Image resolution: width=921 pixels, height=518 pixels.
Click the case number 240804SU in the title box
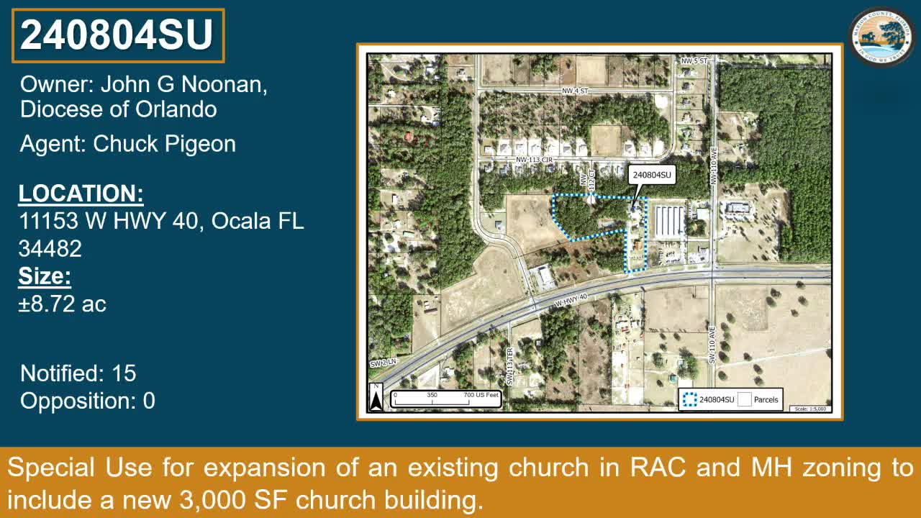coord(117,35)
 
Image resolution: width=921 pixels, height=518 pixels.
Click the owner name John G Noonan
coord(183,84)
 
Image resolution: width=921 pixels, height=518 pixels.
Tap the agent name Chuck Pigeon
coord(164,144)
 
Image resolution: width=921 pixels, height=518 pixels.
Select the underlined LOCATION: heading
coord(81,194)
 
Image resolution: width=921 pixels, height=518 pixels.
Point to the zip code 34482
coord(50,248)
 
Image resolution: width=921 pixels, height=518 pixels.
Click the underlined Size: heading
coord(45,276)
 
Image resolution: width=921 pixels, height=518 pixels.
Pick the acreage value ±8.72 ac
coord(63,304)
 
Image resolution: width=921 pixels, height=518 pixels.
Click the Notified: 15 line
coord(78,373)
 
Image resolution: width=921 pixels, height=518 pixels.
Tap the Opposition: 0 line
coord(87,401)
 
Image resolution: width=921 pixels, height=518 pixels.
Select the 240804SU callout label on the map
coord(651,175)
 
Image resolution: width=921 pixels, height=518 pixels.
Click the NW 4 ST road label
coord(575,91)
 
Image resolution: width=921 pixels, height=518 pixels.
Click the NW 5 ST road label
coord(694,62)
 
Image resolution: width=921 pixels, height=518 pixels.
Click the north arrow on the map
coord(376,397)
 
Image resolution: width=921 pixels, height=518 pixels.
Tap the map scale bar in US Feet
coord(445,398)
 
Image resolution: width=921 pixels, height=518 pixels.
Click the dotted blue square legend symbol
coord(689,400)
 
